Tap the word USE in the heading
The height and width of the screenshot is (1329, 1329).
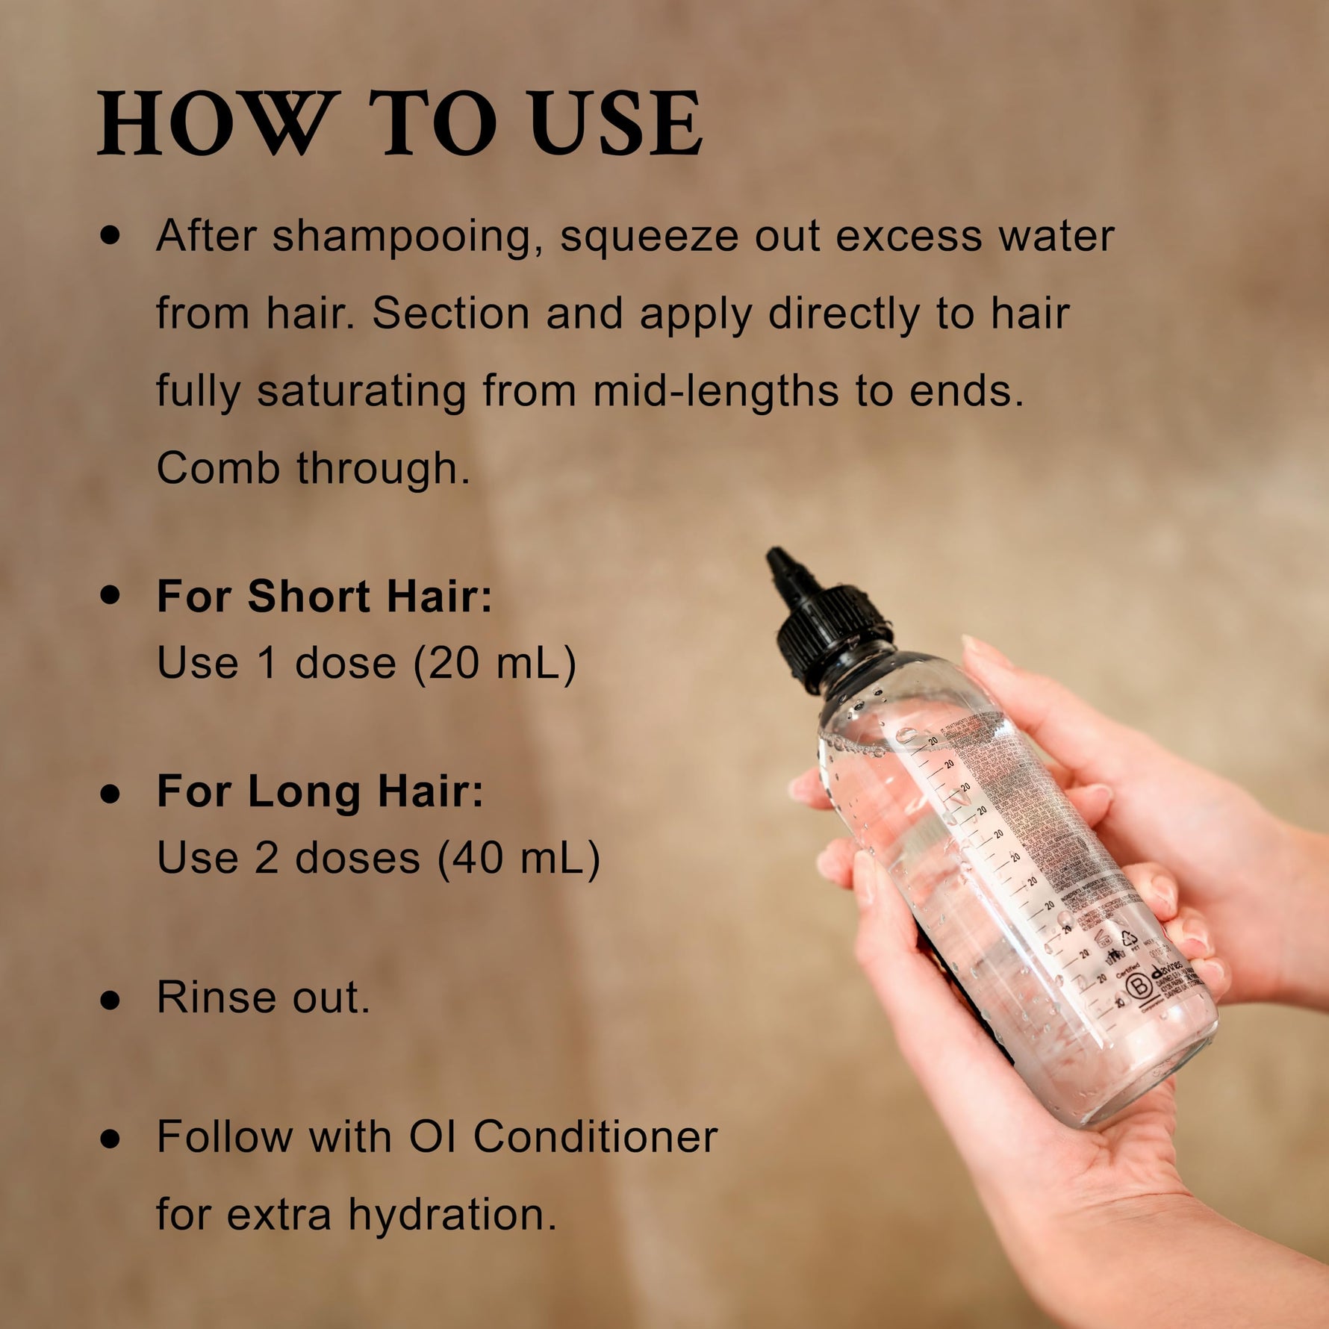pos(616,123)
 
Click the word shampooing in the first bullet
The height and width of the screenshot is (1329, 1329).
pos(403,236)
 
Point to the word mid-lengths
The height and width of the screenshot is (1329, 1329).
pos(716,390)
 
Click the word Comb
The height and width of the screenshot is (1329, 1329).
pos(218,468)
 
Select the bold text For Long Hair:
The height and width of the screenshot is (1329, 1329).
pos(320,791)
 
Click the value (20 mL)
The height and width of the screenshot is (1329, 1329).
pos(495,662)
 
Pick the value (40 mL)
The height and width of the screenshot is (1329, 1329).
pos(519,857)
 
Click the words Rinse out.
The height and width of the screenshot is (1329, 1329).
pos(263,997)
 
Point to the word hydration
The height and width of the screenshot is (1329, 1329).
pos(452,1214)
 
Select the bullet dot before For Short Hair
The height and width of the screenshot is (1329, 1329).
pos(111,595)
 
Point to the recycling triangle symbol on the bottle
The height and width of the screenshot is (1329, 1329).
pos(1130,939)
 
